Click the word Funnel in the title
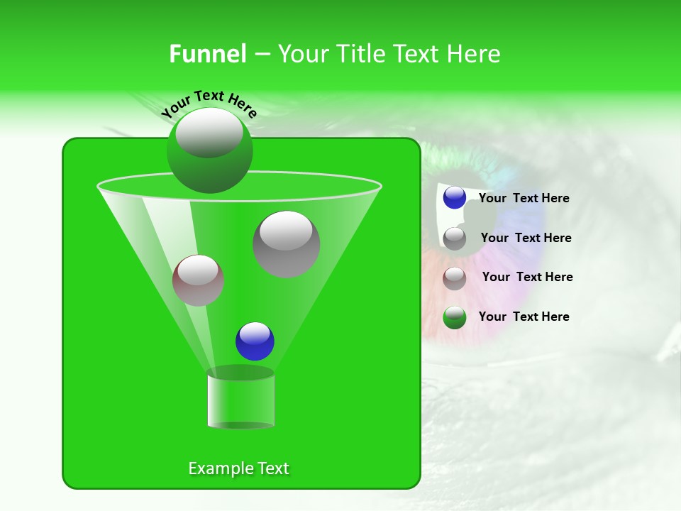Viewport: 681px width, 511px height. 207,54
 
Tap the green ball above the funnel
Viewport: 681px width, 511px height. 209,150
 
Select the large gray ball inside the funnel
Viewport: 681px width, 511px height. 286,244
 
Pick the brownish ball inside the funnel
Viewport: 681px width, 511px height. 198,280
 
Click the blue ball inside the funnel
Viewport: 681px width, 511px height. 255,341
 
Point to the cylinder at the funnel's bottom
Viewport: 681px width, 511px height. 240,399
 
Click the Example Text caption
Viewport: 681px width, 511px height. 238,468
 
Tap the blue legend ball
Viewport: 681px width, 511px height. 455,198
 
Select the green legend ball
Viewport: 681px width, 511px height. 455,317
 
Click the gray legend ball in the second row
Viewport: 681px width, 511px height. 455,238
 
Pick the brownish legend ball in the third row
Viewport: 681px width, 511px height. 455,278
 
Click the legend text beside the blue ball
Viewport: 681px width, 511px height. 524,199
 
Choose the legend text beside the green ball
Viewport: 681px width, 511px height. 524,317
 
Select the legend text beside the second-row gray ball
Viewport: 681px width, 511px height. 526,238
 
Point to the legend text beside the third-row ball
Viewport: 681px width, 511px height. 527,277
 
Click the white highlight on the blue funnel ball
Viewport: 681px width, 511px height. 255,333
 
